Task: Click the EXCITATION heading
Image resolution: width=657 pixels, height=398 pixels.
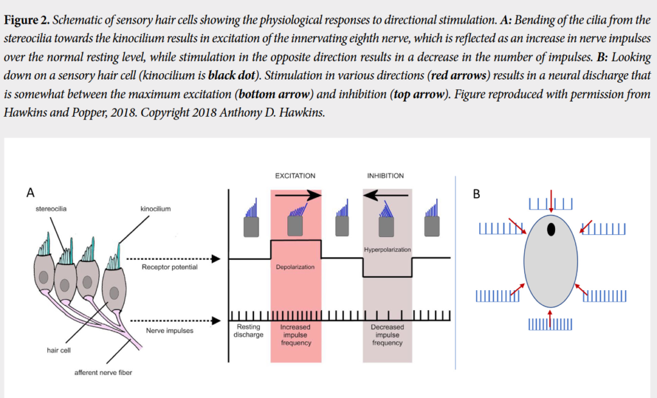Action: click(x=295, y=175)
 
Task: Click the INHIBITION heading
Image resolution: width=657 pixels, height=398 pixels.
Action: click(x=386, y=175)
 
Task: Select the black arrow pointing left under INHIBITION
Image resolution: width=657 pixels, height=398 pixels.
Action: click(x=386, y=195)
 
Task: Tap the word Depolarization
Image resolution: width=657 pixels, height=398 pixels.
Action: click(x=295, y=267)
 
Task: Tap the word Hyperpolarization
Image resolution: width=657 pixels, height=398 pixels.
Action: click(x=387, y=249)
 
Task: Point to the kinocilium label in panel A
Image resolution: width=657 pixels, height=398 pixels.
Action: click(x=155, y=209)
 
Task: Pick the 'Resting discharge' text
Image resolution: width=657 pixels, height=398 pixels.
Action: click(x=248, y=331)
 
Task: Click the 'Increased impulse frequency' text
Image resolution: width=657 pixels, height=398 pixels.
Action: click(x=296, y=334)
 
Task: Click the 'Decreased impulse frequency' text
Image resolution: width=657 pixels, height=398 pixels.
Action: click(x=388, y=334)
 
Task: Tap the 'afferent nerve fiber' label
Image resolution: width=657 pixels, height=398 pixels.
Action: click(x=103, y=372)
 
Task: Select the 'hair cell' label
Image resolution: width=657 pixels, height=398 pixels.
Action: click(x=58, y=350)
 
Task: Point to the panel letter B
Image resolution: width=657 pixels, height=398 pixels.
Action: click(x=476, y=193)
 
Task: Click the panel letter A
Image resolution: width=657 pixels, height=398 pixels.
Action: click(x=30, y=191)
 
